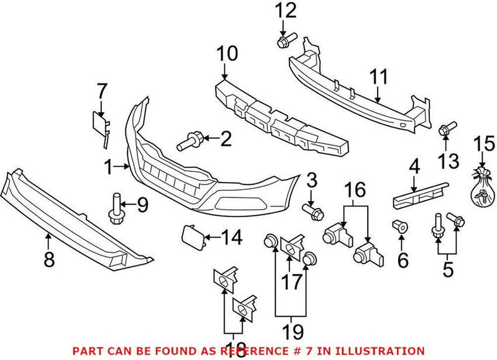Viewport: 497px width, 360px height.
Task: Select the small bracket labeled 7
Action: point(101,125)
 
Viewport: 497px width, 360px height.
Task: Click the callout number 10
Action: point(227,54)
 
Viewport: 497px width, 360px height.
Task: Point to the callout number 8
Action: point(48,258)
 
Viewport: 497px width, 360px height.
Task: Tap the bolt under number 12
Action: point(283,42)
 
